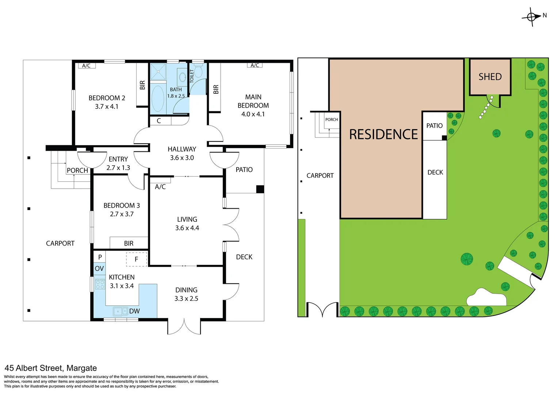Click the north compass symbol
click(x=532, y=17)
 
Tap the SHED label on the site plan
click(x=490, y=77)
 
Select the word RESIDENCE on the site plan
click(x=383, y=135)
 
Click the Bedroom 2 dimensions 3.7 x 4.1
click(x=107, y=107)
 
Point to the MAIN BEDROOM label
click(x=253, y=101)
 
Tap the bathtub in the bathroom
click(x=158, y=98)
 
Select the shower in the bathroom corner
click(x=158, y=72)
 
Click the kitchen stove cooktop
click(x=100, y=284)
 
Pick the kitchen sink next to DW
click(x=118, y=311)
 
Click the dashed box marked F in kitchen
click(x=137, y=259)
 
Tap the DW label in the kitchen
click(x=134, y=311)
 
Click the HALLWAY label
click(x=182, y=149)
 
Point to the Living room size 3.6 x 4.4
click(x=187, y=228)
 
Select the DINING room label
click(x=186, y=290)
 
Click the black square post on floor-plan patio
click(x=260, y=189)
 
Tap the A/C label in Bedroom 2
click(x=86, y=66)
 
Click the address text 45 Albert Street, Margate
click(x=51, y=368)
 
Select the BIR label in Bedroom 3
click(x=129, y=243)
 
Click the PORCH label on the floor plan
click(x=77, y=170)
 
